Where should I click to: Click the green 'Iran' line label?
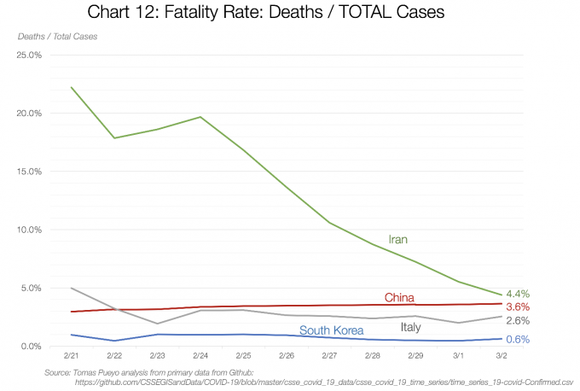pos(398,240)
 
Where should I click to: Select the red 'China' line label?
pos(399,298)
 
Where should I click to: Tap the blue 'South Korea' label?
pos(332,330)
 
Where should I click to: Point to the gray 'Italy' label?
pos(410,327)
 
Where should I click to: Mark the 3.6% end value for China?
pos(518,306)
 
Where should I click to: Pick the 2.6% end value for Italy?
pos(518,321)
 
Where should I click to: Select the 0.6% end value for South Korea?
pos(518,340)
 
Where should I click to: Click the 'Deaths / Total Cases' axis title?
pos(57,36)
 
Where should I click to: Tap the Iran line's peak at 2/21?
pos(72,87)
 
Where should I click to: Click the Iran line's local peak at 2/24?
pos(200,117)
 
